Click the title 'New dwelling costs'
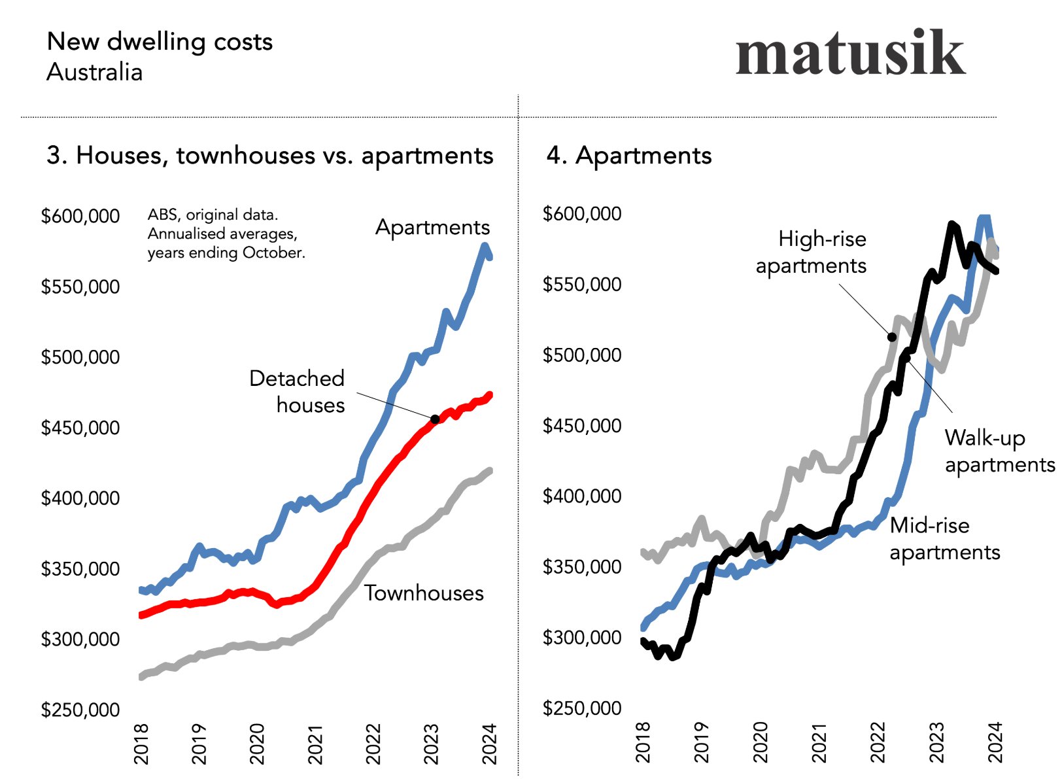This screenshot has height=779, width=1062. (x=160, y=42)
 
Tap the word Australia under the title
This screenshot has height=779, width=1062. (x=94, y=72)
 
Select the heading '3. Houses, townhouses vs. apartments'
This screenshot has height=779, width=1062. (x=269, y=156)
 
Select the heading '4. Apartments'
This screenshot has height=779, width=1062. (x=628, y=156)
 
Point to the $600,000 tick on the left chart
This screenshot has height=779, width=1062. (x=80, y=216)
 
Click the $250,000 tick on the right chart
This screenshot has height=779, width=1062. (x=582, y=708)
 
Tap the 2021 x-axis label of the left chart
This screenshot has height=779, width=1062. (x=315, y=744)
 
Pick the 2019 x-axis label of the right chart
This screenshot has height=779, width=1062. (x=702, y=742)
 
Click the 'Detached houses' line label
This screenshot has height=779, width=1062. (x=298, y=391)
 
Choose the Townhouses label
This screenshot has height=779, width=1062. (x=424, y=593)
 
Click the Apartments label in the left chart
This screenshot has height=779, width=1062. (x=432, y=227)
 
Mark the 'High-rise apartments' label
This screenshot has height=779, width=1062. (x=812, y=252)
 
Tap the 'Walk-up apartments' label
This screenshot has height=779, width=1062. (x=999, y=451)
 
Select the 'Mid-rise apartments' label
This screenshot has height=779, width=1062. (x=944, y=538)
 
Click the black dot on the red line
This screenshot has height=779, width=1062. (x=435, y=419)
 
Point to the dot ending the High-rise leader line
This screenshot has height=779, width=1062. (x=892, y=337)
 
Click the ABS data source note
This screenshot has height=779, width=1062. (x=226, y=234)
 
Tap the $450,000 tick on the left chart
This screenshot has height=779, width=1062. (x=80, y=428)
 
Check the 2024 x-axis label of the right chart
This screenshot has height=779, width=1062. (x=995, y=742)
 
